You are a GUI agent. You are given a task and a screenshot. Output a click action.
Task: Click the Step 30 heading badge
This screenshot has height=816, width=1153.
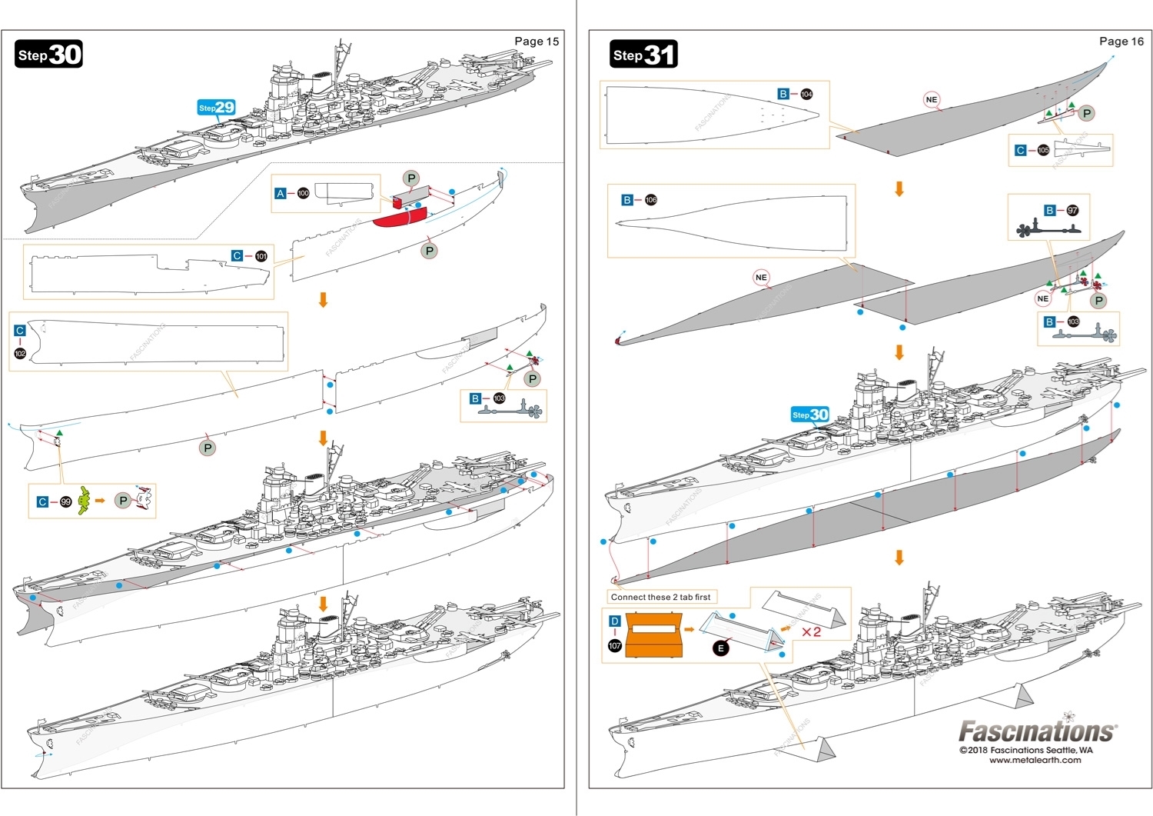tap(49, 55)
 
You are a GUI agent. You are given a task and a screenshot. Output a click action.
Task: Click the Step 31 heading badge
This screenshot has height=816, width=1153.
tap(643, 55)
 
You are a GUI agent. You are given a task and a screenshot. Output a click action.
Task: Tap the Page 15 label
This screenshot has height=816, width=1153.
tap(537, 42)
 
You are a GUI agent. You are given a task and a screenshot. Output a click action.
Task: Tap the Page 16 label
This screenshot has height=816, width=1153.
tap(1121, 42)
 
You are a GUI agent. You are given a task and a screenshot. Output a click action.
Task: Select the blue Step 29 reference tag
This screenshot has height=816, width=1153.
tap(216, 108)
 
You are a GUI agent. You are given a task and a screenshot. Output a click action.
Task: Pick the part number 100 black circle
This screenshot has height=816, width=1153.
tap(303, 193)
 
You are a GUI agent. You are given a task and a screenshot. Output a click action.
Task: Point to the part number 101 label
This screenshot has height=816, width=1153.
tap(261, 256)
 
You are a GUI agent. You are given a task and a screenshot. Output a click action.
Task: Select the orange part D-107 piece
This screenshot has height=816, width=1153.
tap(653, 634)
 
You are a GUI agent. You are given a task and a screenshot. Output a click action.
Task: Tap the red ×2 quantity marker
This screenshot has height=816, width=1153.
tap(811, 632)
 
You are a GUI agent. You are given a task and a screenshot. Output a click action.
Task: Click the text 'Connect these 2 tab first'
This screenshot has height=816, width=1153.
tap(660, 597)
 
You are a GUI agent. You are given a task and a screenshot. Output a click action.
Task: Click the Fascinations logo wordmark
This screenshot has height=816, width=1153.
tap(1037, 731)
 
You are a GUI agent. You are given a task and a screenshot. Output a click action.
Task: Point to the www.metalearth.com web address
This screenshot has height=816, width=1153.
tap(1035, 761)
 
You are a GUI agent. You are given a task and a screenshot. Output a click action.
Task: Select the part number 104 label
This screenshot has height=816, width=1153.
tap(806, 95)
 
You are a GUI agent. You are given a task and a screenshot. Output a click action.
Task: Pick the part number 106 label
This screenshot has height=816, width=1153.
tap(650, 200)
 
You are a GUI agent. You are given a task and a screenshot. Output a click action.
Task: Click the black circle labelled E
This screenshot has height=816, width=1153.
tap(720, 648)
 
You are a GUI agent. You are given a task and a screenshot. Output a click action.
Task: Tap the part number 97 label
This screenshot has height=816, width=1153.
tap(1072, 211)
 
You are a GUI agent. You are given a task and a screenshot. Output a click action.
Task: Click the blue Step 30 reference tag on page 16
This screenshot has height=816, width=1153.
tap(810, 415)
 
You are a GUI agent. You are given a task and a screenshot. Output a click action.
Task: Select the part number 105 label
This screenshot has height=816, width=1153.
tap(1042, 151)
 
